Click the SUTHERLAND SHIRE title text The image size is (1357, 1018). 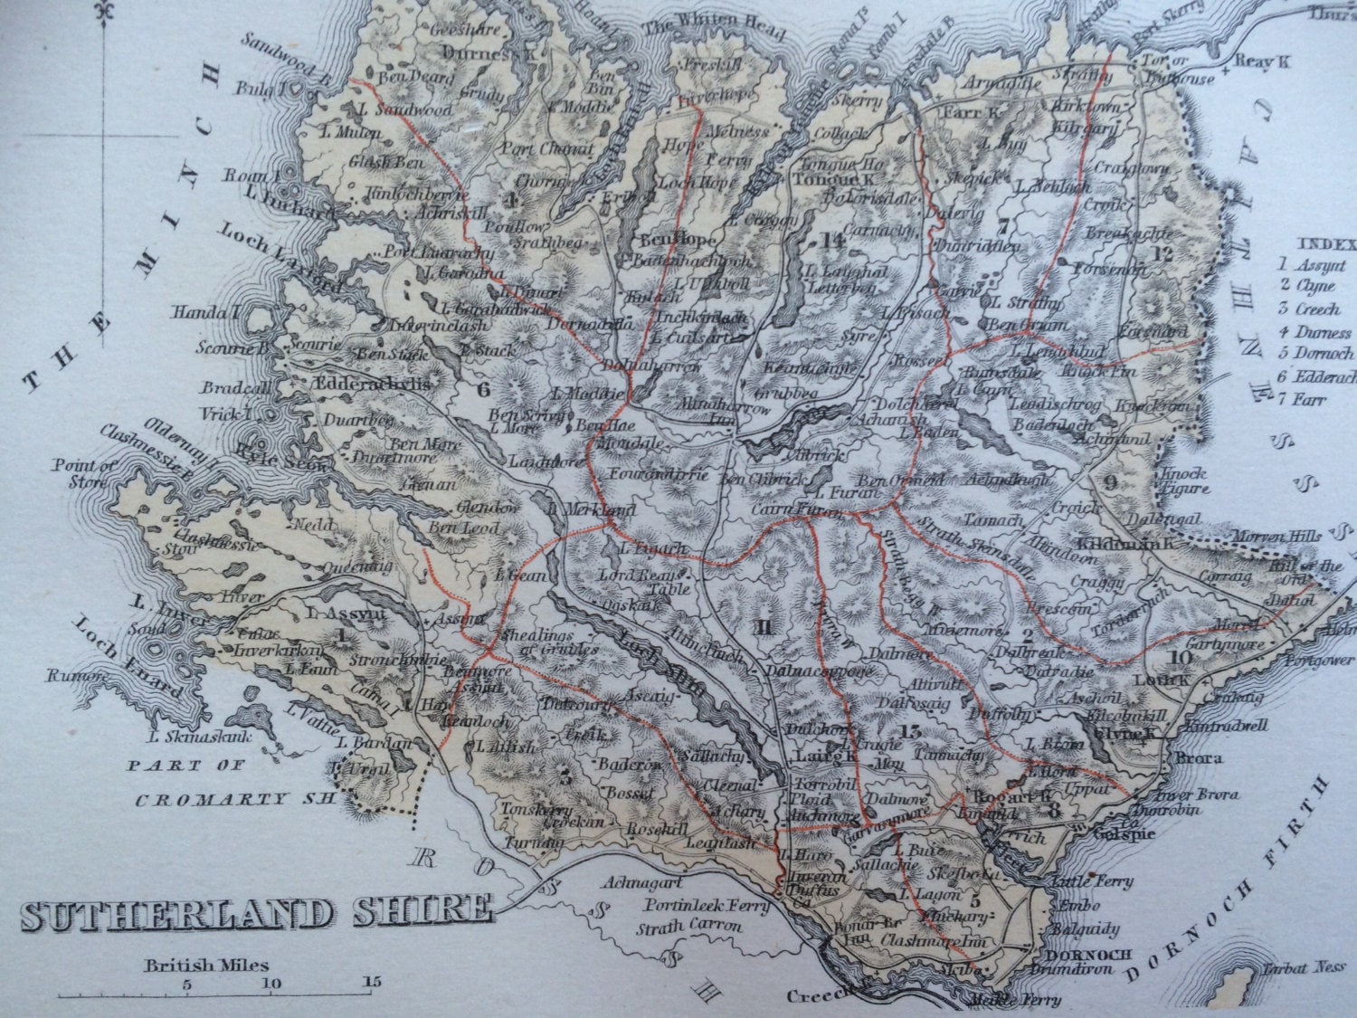[x=257, y=912]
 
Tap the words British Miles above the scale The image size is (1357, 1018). [x=206, y=966]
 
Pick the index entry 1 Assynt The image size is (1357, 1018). [x=1311, y=265]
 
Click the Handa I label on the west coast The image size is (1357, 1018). [x=214, y=313]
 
